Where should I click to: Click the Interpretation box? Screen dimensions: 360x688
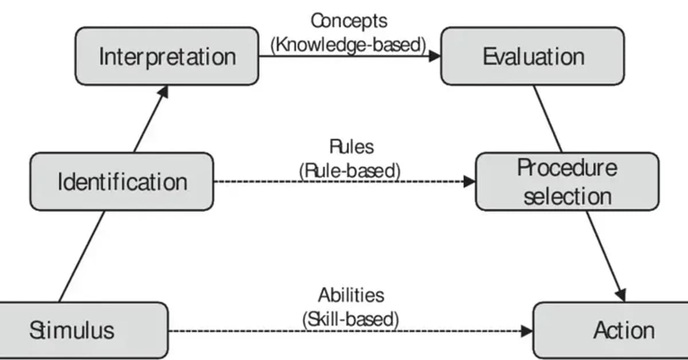pyautogui.click(x=167, y=57)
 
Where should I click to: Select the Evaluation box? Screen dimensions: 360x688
pyautogui.click(x=532, y=57)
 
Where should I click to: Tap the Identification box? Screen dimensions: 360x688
pyautogui.click(x=122, y=182)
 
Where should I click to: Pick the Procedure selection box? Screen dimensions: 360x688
pyautogui.click(x=567, y=182)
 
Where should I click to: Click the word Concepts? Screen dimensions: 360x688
pyautogui.click(x=349, y=21)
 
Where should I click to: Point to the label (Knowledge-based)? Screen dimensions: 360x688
pyautogui.click(x=349, y=45)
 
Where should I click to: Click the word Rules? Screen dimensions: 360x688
pyautogui.click(x=351, y=147)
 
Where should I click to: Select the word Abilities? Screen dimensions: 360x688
pyautogui.click(x=351, y=295)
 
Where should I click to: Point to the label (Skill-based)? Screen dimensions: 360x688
pyautogui.click(x=350, y=319)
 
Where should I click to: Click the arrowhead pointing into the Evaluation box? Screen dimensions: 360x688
pyautogui.click(x=434, y=56)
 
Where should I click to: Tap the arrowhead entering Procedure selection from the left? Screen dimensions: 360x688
pyautogui.click(x=470, y=182)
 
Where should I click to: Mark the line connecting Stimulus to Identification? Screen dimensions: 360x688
pyautogui.click(x=82, y=256)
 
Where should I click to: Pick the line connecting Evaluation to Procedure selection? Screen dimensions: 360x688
pyautogui.click(x=548, y=119)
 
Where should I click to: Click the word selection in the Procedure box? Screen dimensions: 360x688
pyautogui.click(x=567, y=196)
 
